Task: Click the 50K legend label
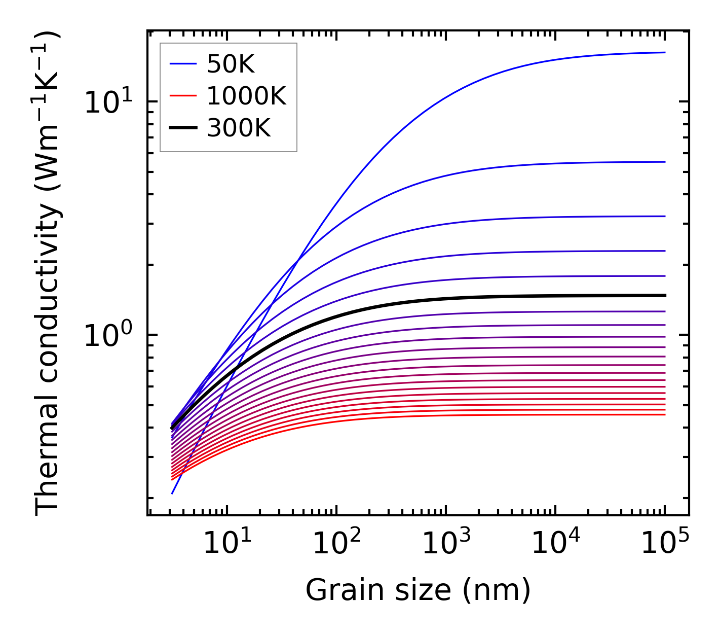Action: click(231, 64)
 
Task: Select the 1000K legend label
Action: click(246, 96)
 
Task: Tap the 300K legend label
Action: click(239, 129)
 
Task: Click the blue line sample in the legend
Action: click(183, 64)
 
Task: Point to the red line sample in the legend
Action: click(183, 96)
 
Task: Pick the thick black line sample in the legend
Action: click(183, 128)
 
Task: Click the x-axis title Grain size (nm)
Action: click(418, 590)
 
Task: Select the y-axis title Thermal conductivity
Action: click(48, 274)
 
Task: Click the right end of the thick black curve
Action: click(664, 295)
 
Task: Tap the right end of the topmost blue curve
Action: click(664, 52)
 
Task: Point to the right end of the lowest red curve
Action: click(664, 415)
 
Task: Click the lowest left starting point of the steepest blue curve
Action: click(172, 493)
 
